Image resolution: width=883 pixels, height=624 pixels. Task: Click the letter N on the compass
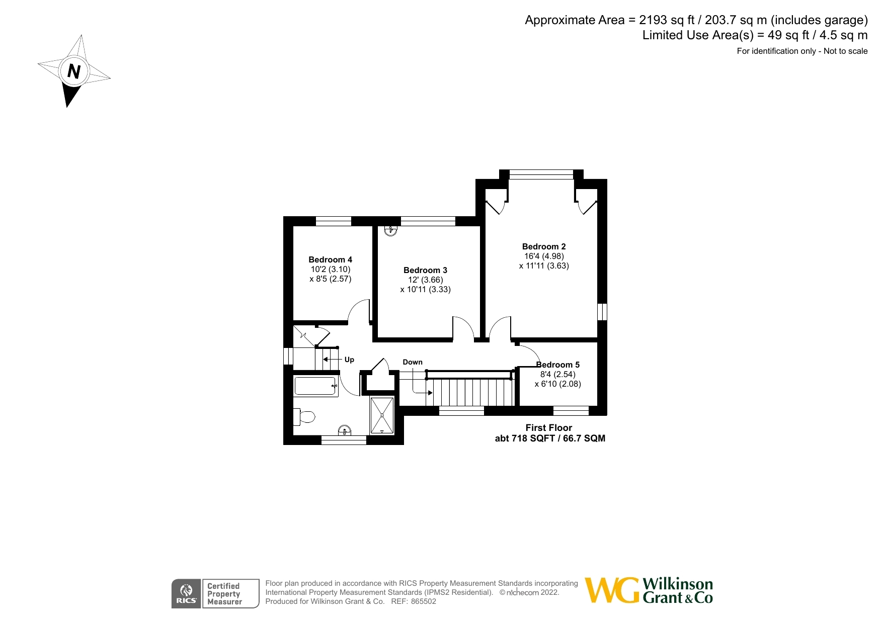(73, 71)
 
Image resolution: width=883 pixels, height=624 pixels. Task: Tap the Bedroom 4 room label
(330, 259)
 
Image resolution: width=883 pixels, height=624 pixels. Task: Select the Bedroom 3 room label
(425, 270)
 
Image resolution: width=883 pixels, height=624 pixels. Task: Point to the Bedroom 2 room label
(543, 246)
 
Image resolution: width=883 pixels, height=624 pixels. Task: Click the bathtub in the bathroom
(315, 386)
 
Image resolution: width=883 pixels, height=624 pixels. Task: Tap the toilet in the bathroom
(305, 416)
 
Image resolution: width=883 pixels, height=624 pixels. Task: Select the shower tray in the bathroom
(382, 415)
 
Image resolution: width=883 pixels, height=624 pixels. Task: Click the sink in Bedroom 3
(390, 231)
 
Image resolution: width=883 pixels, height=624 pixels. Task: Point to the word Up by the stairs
(349, 360)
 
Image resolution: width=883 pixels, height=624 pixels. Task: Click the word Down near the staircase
(413, 362)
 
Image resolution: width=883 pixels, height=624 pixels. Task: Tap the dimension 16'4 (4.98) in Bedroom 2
(544, 256)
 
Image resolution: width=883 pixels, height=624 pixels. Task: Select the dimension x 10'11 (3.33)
(425, 289)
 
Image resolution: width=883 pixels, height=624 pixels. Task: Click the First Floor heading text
(548, 427)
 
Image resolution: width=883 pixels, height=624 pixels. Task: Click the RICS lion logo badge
(186, 593)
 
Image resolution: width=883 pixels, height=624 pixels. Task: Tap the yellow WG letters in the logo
(612, 590)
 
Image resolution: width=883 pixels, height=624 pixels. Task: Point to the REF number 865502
(423, 601)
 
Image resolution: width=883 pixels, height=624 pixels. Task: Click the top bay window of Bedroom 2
(541, 174)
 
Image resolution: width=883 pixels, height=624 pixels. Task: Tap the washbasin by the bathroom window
(344, 430)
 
